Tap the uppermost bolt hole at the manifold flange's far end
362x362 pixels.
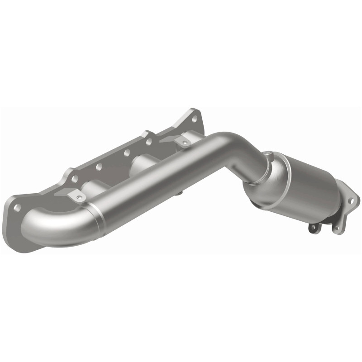tap(195, 119)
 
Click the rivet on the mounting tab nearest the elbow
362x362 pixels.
tap(80, 197)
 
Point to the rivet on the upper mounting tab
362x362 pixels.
tap(184, 143)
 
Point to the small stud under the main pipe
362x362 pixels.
tap(180, 194)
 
